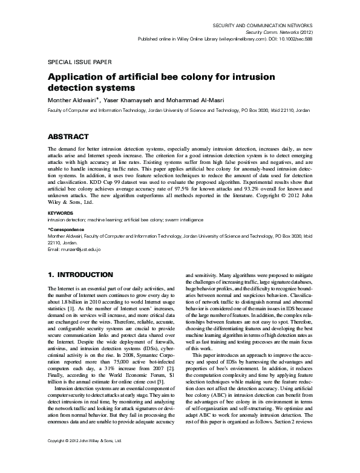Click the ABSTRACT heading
pos(68,136)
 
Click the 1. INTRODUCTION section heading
pos(82,275)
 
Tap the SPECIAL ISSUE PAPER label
pos(76,62)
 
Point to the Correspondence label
pos(67,230)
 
